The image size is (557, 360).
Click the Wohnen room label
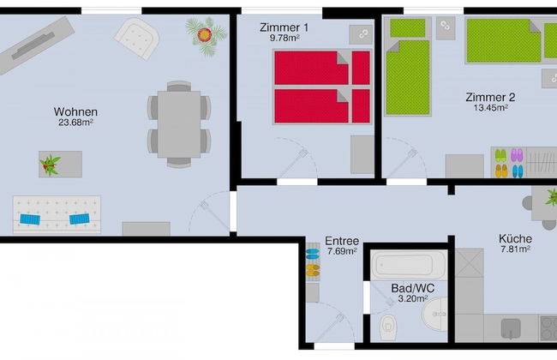pos(75,111)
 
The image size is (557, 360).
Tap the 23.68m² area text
pos(75,123)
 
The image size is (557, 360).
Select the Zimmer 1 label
pos(284,27)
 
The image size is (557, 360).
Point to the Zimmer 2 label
pos(490,97)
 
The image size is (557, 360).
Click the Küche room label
pos(515,239)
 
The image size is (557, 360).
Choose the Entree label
pos(342,241)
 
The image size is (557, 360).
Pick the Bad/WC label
pos(410,289)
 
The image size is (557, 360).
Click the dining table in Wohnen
pos(178,123)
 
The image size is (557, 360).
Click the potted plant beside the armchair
pos(203,35)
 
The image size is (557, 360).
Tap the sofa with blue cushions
pos(58,215)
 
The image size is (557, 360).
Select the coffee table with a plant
pos(60,163)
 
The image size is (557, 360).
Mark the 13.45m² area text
pos(490,108)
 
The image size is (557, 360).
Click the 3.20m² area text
pos(410,300)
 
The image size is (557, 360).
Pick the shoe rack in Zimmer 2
pos(508,163)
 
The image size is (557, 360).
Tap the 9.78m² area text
pos(283,38)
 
